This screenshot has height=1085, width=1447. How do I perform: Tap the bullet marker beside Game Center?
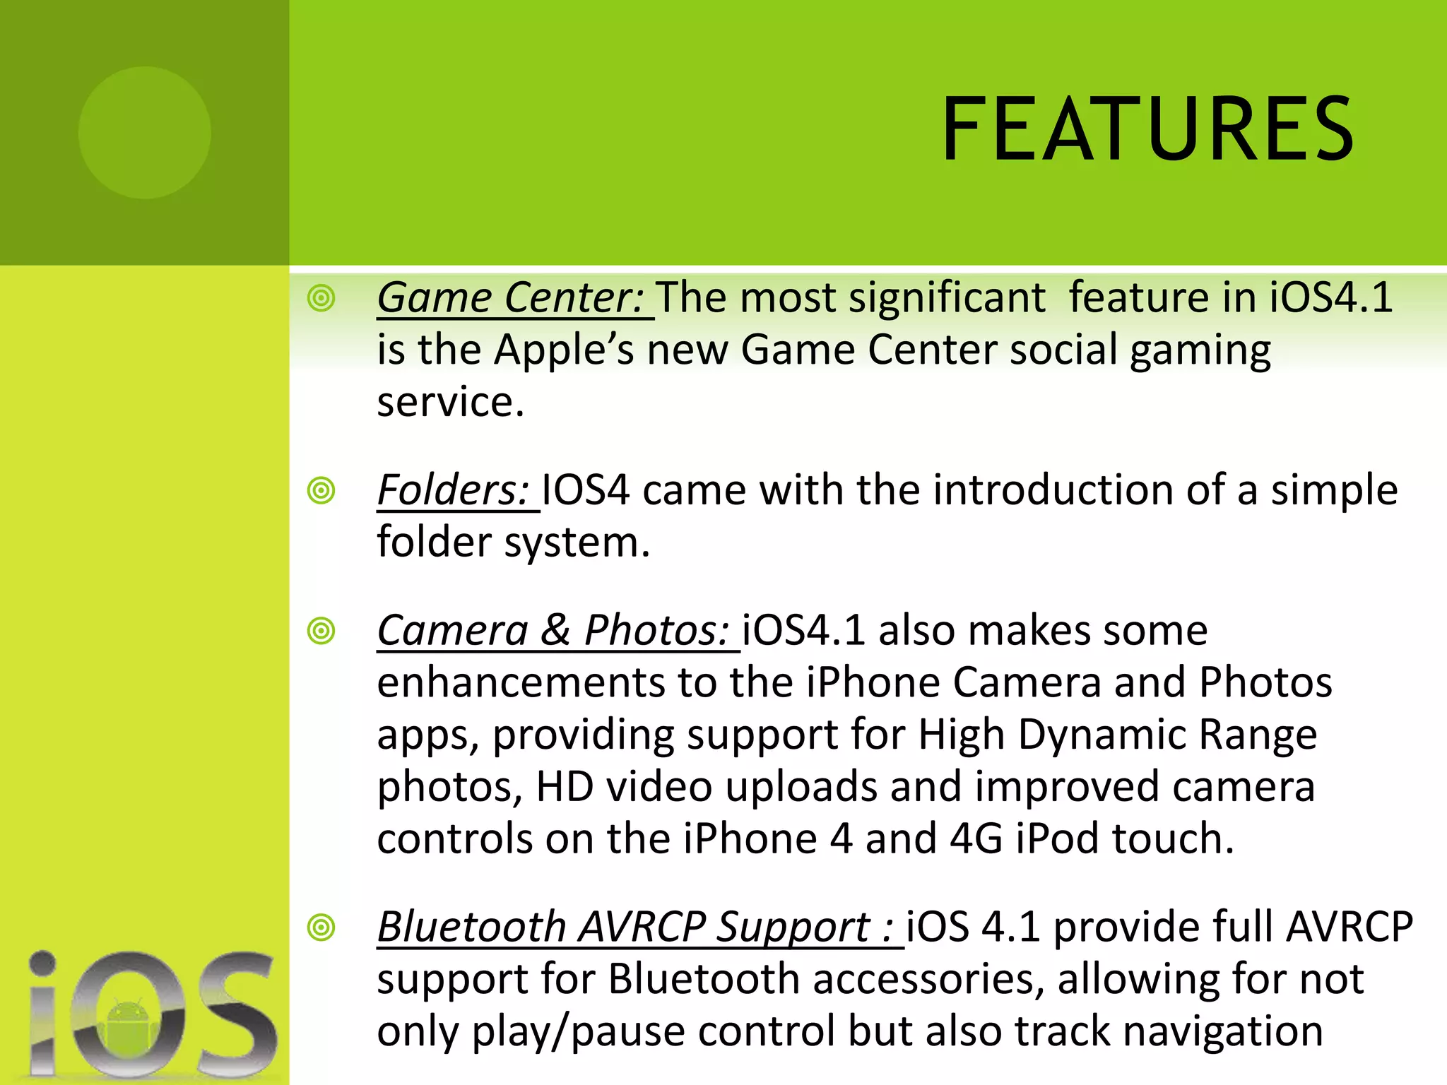point(321,298)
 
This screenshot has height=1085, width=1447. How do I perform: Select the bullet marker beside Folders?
point(321,490)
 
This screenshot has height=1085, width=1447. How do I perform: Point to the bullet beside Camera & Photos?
point(321,630)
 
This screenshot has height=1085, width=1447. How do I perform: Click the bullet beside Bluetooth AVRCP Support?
point(321,927)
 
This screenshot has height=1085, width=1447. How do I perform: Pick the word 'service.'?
point(451,403)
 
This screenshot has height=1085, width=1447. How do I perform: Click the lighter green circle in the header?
point(145,132)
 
